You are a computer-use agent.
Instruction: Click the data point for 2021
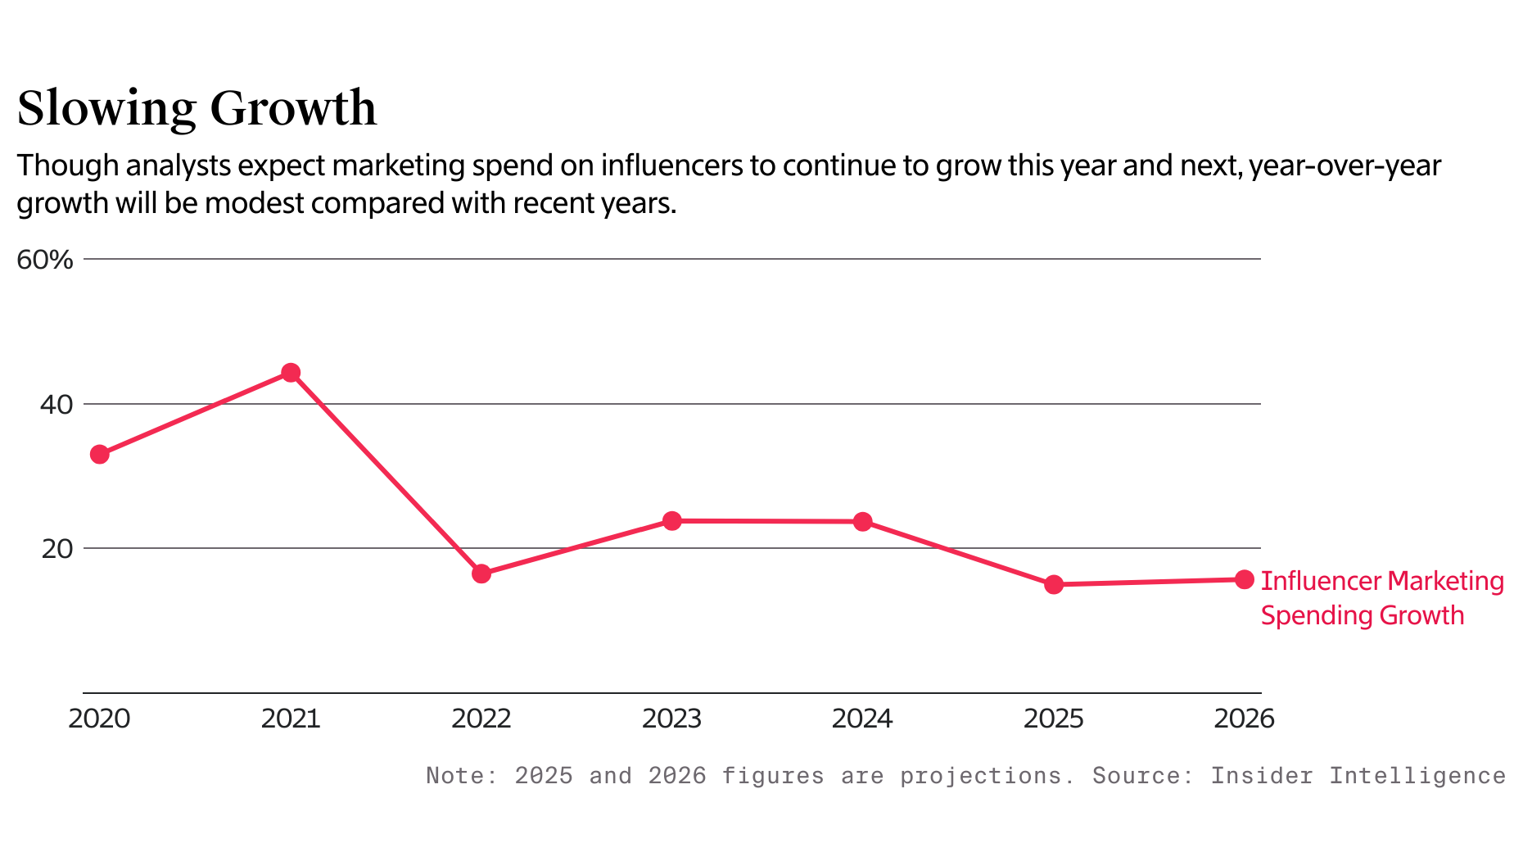pyautogui.click(x=291, y=373)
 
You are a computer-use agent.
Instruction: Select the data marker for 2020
pyautogui.click(x=100, y=454)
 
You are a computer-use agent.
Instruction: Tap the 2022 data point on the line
pyautogui.click(x=481, y=574)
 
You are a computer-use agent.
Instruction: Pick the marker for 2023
pyautogui.click(x=672, y=521)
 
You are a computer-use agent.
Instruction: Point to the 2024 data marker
pyautogui.click(x=863, y=522)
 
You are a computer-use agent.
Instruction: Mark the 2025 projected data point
pyautogui.click(x=1054, y=584)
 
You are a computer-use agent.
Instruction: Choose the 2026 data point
pyautogui.click(x=1245, y=579)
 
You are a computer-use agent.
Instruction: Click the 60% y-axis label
pyautogui.click(x=45, y=260)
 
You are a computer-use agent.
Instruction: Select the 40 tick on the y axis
pyautogui.click(x=56, y=404)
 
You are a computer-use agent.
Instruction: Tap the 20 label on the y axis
pyautogui.click(x=56, y=548)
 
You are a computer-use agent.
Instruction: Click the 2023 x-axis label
pyautogui.click(x=671, y=719)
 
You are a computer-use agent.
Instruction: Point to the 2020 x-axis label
pyautogui.click(x=99, y=719)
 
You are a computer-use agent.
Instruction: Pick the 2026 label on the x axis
pyautogui.click(x=1244, y=719)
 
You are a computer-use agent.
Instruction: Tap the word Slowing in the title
pyautogui.click(x=106, y=109)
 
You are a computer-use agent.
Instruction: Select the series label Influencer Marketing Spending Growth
pyautogui.click(x=1381, y=598)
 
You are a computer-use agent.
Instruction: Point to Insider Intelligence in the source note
pyautogui.click(x=1358, y=775)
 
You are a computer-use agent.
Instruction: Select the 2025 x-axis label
pyautogui.click(x=1053, y=719)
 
